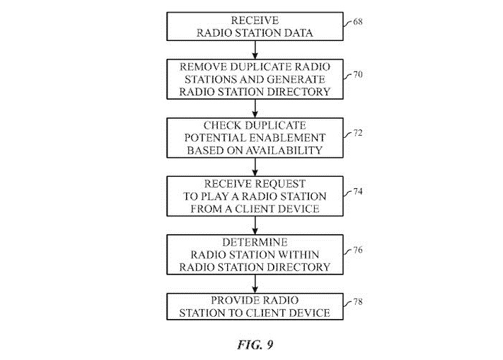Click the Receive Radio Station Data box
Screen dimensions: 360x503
pos(255,26)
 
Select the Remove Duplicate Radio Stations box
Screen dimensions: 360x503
pos(255,80)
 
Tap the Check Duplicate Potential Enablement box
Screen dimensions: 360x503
pos(255,137)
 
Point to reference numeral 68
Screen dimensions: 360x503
pos(358,22)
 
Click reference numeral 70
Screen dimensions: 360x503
pos(358,74)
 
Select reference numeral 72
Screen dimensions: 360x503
pos(358,134)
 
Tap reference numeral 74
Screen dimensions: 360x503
pos(358,193)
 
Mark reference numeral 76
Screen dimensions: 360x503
pos(358,251)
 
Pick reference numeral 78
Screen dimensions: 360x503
pos(358,303)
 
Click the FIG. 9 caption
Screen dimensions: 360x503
pos(255,344)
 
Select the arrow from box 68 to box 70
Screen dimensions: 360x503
pos(255,49)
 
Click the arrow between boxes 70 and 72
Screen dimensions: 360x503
pos(255,108)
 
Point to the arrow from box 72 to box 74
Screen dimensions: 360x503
pos(255,167)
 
